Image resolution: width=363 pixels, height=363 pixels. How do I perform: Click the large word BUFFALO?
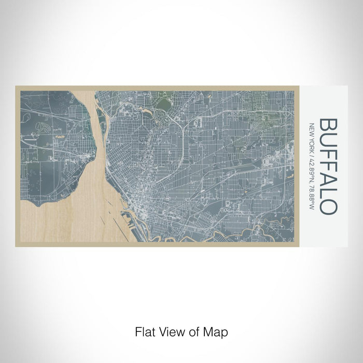329,166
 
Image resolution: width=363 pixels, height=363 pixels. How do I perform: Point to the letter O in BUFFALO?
329,206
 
